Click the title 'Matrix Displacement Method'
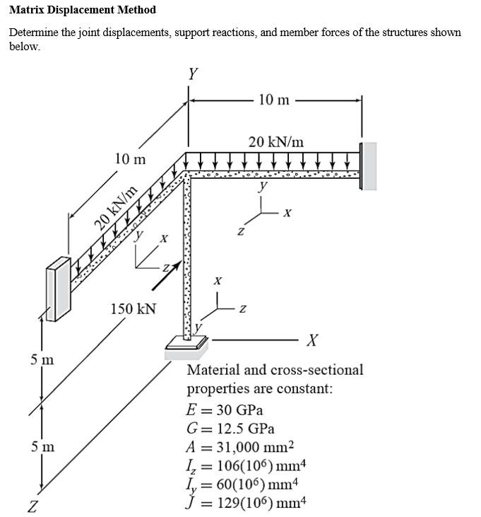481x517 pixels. click(x=83, y=10)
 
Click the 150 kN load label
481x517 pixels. click(x=133, y=309)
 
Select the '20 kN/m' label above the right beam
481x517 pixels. click(x=276, y=141)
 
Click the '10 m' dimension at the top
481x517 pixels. click(x=273, y=100)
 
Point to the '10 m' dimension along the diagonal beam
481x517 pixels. click(x=130, y=159)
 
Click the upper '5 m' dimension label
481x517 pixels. click(x=42, y=360)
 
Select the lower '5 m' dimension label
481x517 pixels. click(x=42, y=447)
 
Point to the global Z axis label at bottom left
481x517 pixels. click(x=32, y=505)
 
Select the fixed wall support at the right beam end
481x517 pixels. click(x=368, y=165)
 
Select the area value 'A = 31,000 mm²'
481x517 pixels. click(x=239, y=447)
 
